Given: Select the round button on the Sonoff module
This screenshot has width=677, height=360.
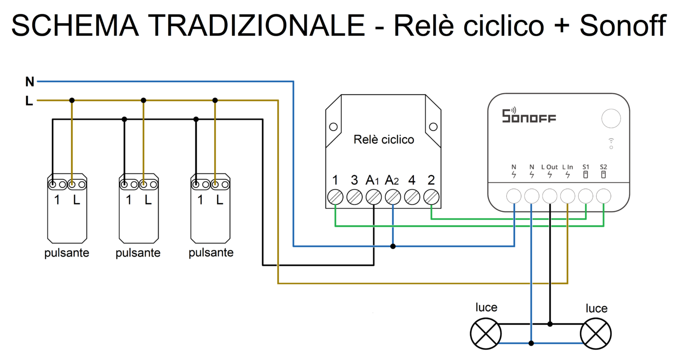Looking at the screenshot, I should (x=611, y=118).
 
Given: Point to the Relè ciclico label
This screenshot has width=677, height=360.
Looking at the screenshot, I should (x=384, y=140).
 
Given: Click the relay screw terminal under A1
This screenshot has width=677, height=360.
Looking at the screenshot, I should (x=373, y=197).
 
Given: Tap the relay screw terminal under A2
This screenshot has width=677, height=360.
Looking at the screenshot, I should (x=393, y=197).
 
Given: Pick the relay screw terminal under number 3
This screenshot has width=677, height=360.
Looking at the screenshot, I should (x=354, y=197).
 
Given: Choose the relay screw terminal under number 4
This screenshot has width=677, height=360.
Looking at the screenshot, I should (x=412, y=197).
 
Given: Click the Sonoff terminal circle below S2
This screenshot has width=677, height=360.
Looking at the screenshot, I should (x=603, y=196).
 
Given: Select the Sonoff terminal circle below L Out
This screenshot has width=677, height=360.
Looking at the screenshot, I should (x=549, y=196).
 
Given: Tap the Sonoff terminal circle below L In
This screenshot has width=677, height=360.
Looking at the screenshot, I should (x=567, y=196).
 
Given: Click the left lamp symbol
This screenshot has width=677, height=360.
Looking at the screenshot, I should (x=486, y=333).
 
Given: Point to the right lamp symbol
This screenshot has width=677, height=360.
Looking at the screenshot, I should (x=596, y=333).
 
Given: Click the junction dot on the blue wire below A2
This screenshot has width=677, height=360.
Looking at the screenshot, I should (x=393, y=246).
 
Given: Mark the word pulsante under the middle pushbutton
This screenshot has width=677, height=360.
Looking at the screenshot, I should (x=138, y=253).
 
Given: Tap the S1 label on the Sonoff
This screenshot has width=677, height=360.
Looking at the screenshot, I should (x=586, y=167).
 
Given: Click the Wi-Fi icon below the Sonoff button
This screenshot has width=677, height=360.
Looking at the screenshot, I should (x=611, y=143).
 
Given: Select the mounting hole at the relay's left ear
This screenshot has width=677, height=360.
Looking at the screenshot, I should (x=333, y=127).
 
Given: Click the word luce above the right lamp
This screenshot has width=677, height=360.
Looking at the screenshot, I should (x=596, y=308).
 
